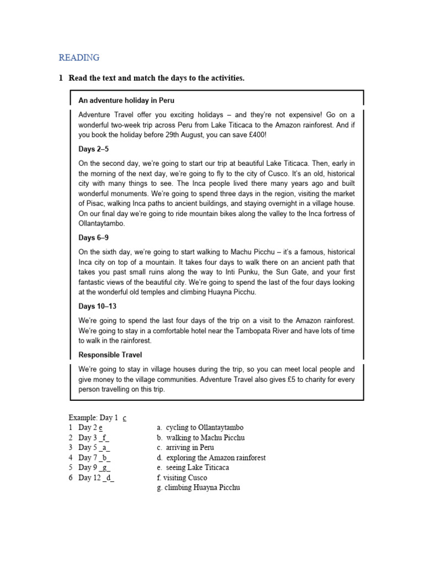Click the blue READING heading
click(x=79, y=57)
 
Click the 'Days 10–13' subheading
click(x=97, y=306)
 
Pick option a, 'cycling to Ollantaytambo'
click(x=204, y=428)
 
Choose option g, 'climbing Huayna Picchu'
click(x=202, y=488)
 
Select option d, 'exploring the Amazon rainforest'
click(x=215, y=458)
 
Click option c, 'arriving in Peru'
click(x=189, y=448)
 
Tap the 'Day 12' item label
click(x=89, y=478)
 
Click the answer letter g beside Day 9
click(x=105, y=468)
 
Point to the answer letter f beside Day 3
click(x=104, y=438)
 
